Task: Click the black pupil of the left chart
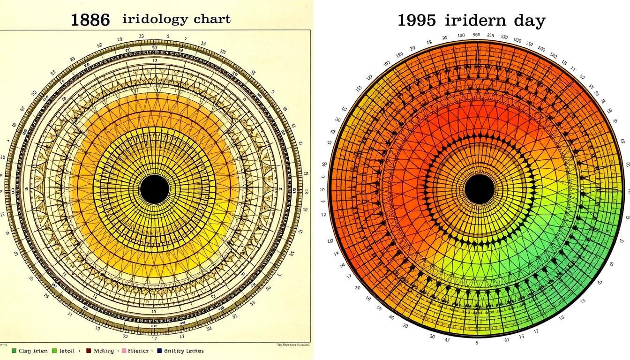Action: (x=155, y=189)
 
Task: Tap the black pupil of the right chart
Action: (x=480, y=190)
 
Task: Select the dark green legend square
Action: (x=15, y=351)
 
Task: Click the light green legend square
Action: (x=54, y=351)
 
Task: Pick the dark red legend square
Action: (x=89, y=351)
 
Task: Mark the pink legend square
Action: (x=124, y=351)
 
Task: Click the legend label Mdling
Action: (x=104, y=351)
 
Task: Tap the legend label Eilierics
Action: (x=139, y=351)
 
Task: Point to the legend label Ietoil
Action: (x=68, y=351)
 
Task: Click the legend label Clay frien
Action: (x=33, y=351)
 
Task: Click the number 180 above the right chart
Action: (x=461, y=36)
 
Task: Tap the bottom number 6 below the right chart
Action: (x=477, y=343)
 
